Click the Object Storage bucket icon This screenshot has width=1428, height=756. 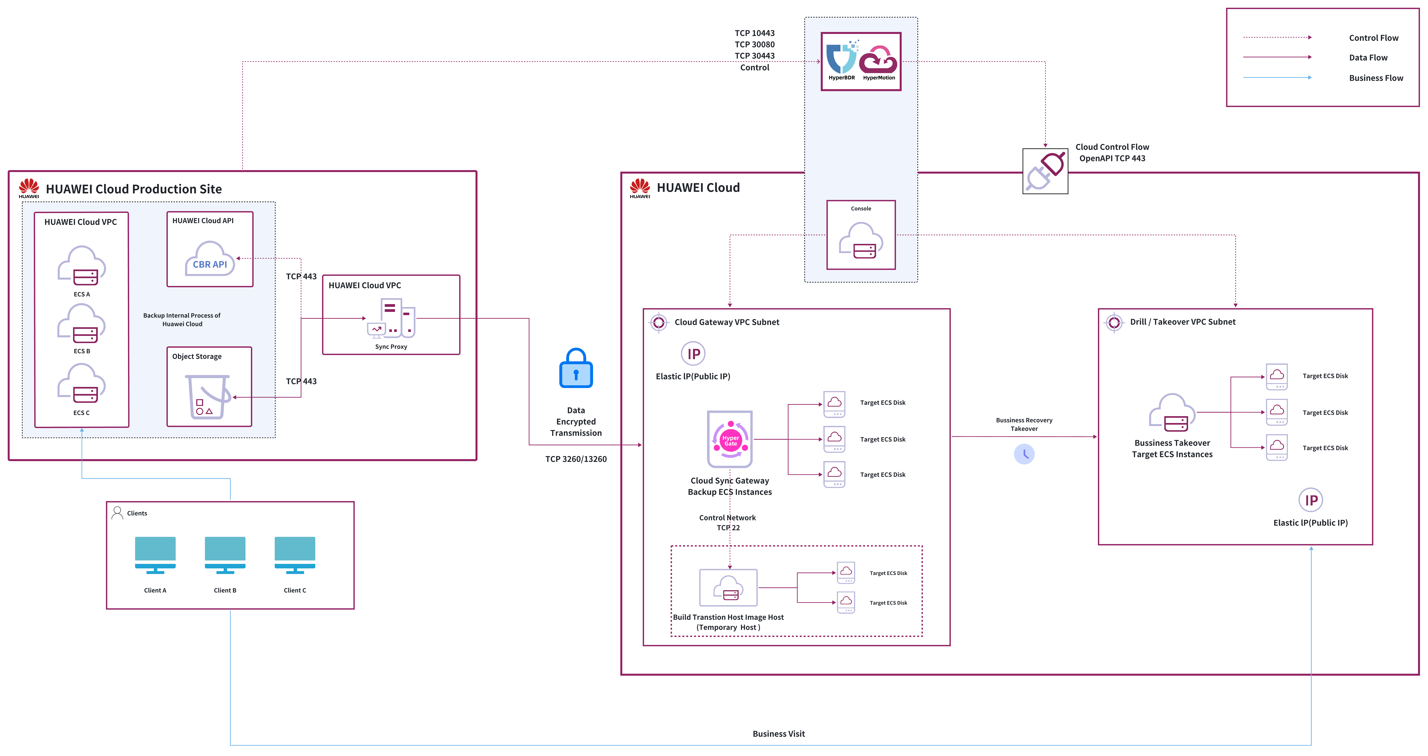(x=208, y=396)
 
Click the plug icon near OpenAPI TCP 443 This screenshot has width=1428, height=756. (x=1045, y=171)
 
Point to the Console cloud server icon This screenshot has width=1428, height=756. (x=861, y=241)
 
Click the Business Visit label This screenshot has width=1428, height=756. (x=778, y=734)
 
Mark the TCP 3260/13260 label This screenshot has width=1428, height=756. (x=576, y=459)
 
